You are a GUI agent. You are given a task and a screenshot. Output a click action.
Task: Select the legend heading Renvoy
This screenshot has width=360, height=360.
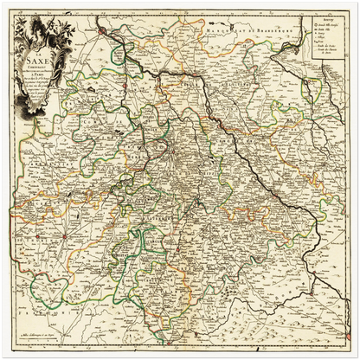point(325,17)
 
